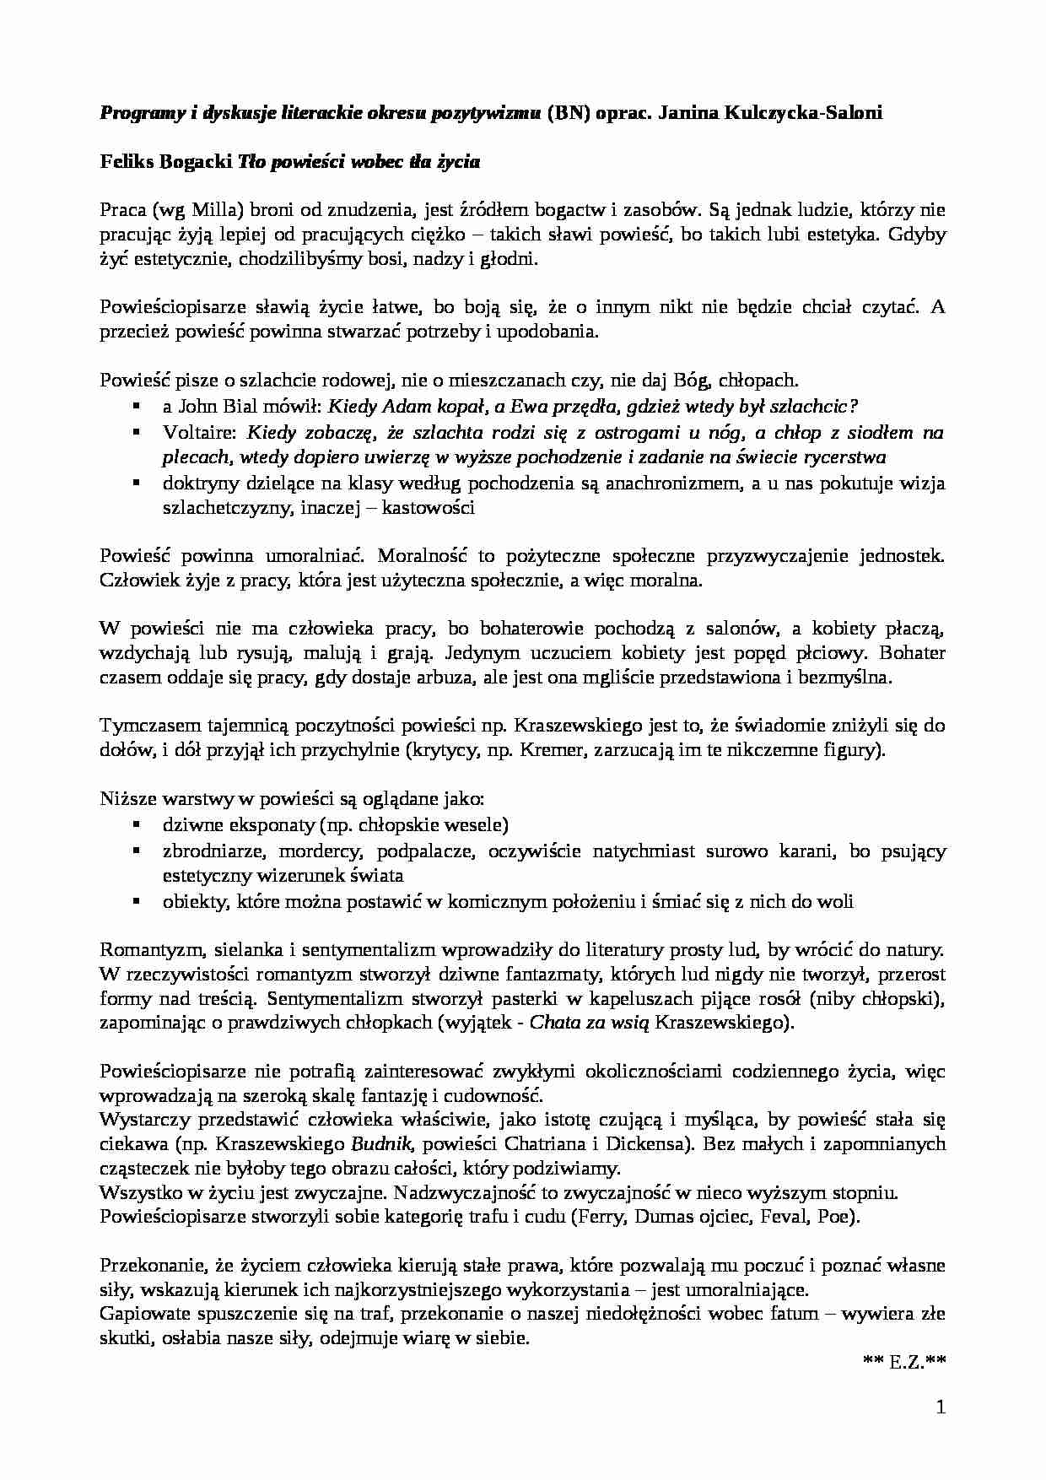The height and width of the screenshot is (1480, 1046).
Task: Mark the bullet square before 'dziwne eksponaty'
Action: click(x=136, y=825)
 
